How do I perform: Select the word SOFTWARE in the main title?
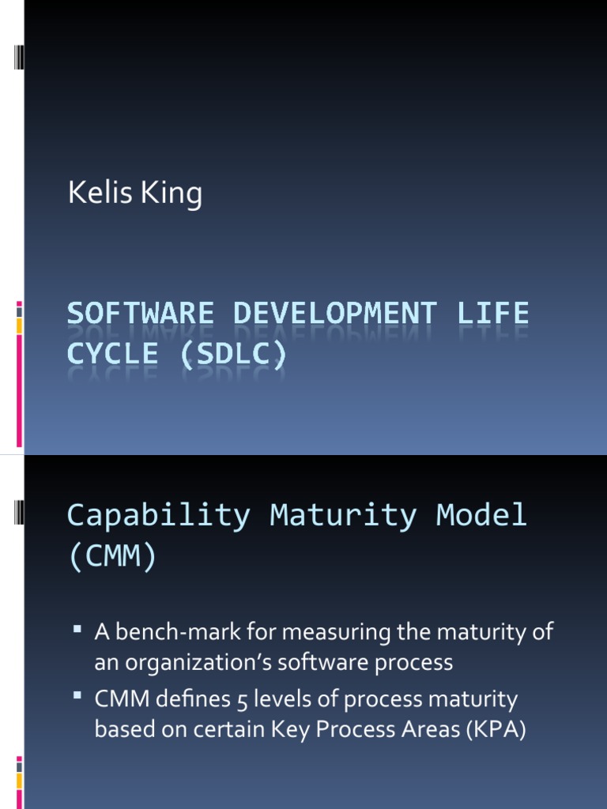[140, 314]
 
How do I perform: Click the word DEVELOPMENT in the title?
[334, 314]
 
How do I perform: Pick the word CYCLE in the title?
[112, 354]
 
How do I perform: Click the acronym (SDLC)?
[232, 354]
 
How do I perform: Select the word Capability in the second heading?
[158, 517]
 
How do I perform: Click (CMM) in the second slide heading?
[112, 557]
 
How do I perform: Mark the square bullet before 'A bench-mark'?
[77, 630]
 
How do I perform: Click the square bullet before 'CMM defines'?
[77, 696]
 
